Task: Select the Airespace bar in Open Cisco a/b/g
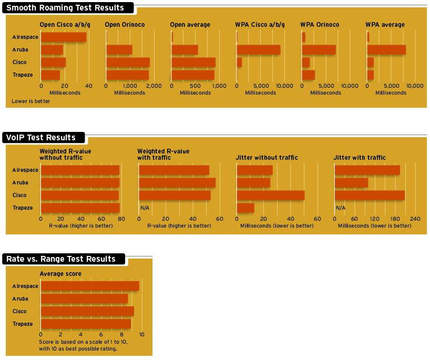64,37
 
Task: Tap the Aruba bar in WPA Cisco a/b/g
258,50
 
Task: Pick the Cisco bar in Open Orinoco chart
128,63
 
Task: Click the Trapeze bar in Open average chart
193,75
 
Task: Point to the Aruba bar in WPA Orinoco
319,50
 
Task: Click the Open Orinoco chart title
125,25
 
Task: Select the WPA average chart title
385,25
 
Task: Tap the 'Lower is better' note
31,101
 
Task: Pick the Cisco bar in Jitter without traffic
271,196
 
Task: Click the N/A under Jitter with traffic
341,208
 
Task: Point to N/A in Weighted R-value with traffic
145,208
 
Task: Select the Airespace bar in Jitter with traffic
367,170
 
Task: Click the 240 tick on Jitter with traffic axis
415,219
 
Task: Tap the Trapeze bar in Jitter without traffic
245,208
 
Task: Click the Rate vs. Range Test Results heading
61,259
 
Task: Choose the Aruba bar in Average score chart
84,299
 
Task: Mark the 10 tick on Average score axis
141,334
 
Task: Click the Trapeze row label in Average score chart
23,324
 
